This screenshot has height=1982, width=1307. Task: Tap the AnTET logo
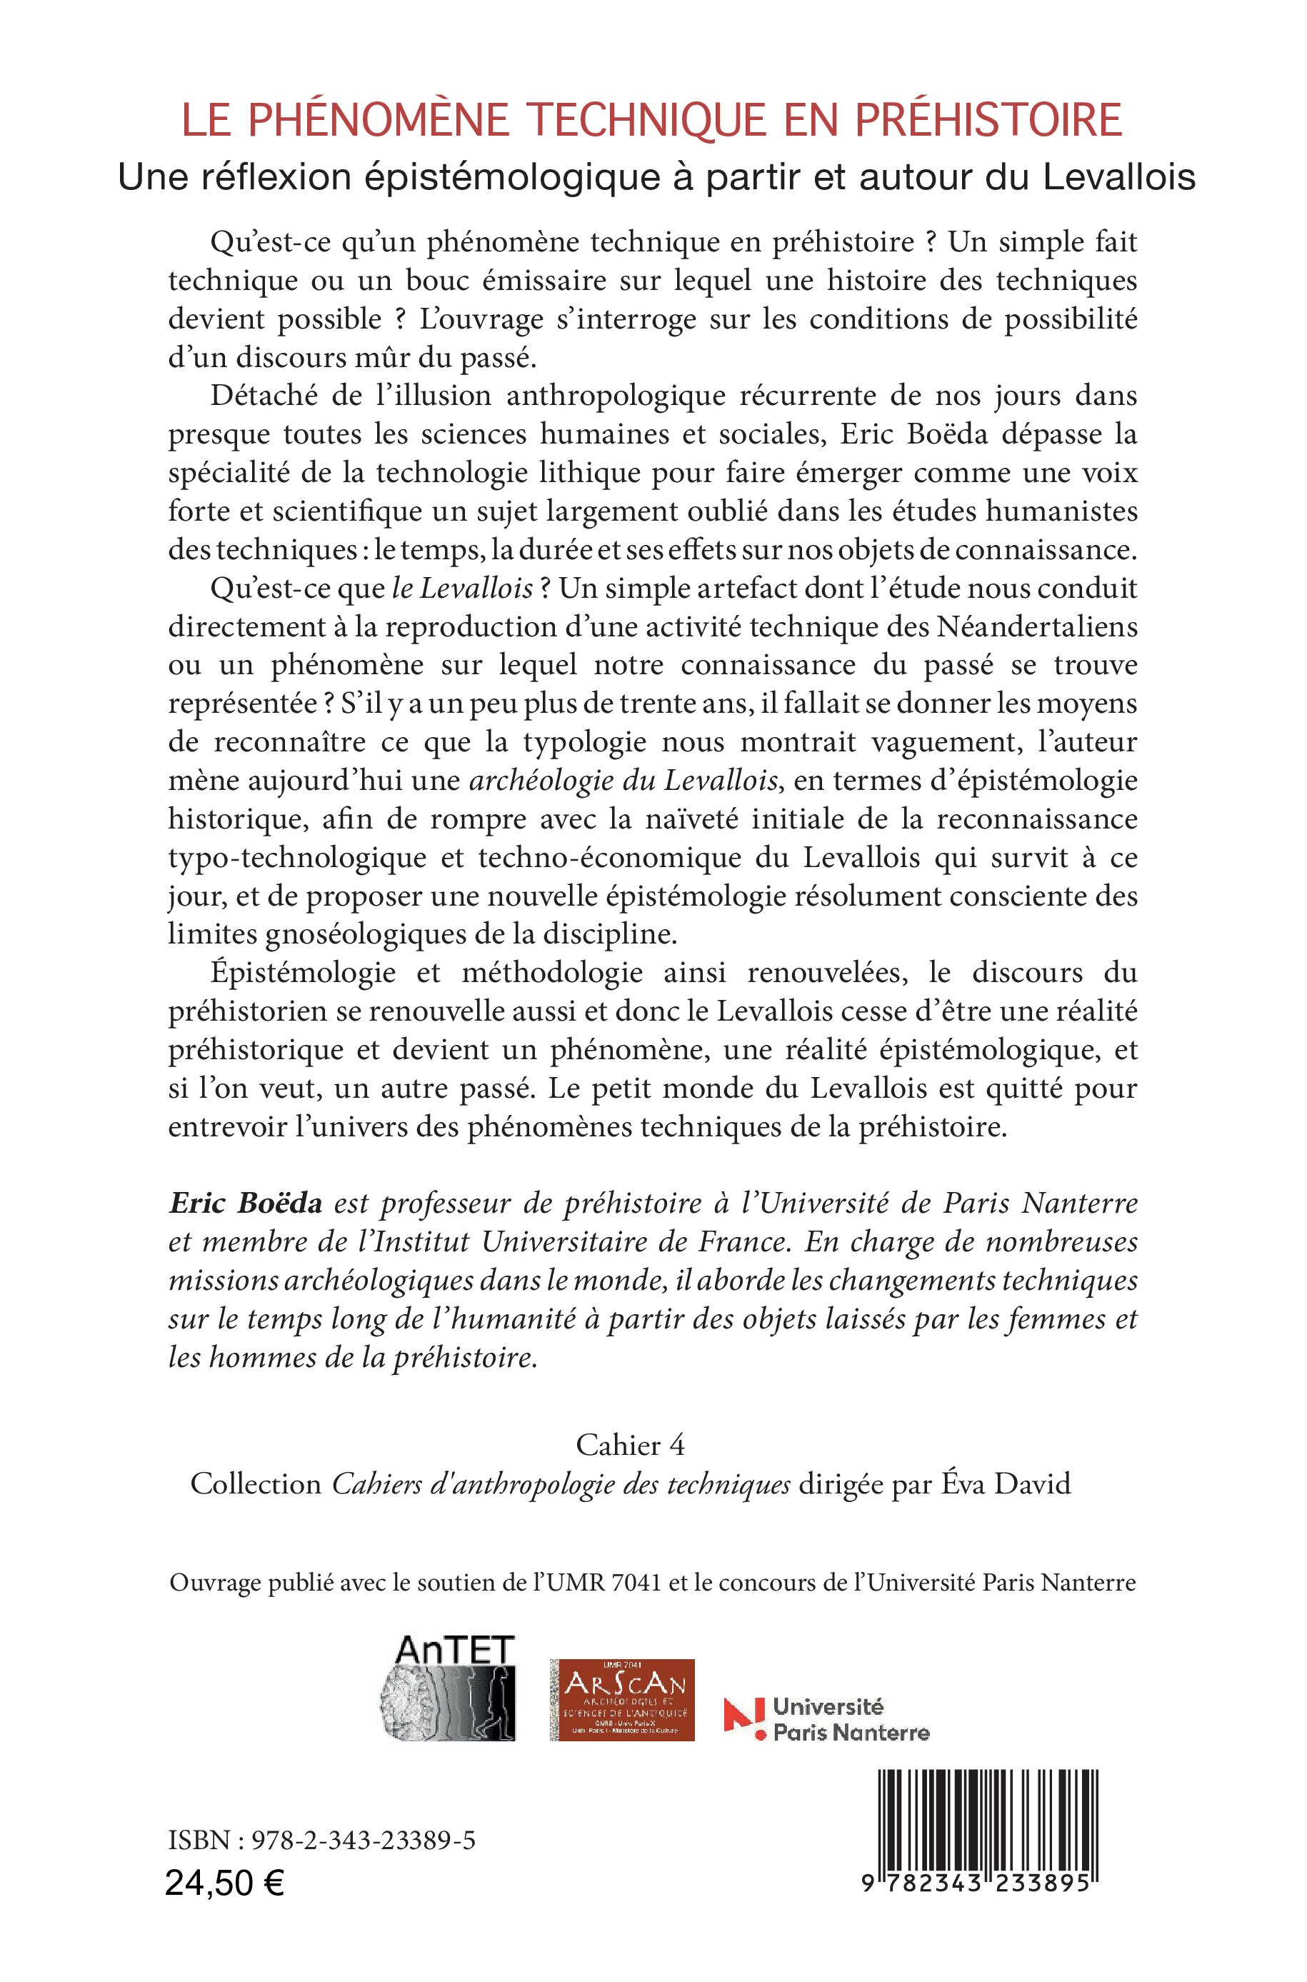(x=448, y=1688)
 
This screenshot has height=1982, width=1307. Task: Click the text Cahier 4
(x=630, y=1444)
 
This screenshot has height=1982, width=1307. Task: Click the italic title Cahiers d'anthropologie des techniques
(x=561, y=1483)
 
